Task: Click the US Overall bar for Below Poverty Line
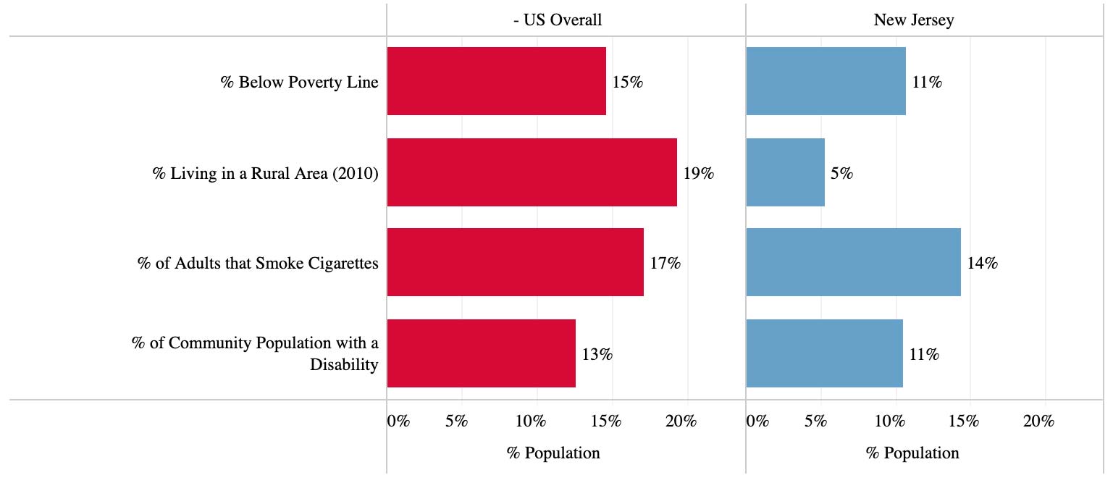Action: tap(496, 81)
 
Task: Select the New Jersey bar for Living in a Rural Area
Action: tap(785, 172)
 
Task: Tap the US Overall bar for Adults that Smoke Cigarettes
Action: tap(515, 262)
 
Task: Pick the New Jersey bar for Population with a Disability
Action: tap(824, 353)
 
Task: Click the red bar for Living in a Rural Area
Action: tap(532, 172)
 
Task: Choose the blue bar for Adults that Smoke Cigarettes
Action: tap(853, 262)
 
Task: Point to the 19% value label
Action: tap(698, 174)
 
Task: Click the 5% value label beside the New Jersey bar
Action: tap(841, 174)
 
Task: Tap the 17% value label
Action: tap(665, 264)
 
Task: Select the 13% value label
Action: tap(597, 355)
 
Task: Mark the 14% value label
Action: tap(982, 264)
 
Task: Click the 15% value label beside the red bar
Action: tap(627, 83)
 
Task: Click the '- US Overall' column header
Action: tap(557, 20)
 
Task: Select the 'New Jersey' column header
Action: tap(914, 20)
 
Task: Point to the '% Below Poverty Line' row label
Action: tap(299, 82)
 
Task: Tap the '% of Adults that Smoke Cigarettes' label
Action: tap(258, 263)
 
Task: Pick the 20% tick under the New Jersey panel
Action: tap(1038, 421)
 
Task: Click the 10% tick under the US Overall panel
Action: tap(531, 421)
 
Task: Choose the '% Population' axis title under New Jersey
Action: tap(912, 453)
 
